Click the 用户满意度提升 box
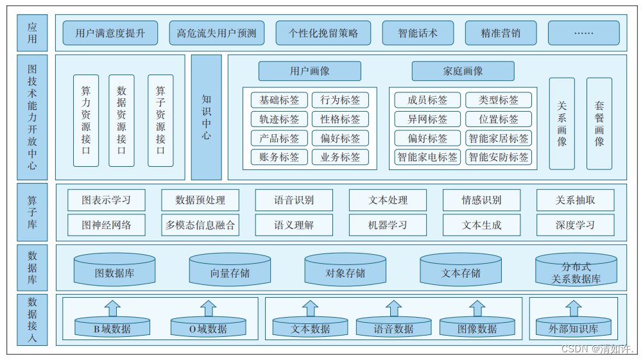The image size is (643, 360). pyautogui.click(x=110, y=33)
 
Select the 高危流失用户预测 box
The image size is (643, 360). pyautogui.click(x=216, y=33)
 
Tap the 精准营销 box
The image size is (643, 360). pyautogui.click(x=501, y=33)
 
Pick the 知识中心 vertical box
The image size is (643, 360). pyautogui.click(x=206, y=117)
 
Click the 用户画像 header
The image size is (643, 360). pyautogui.click(x=309, y=71)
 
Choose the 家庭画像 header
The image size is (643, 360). pyautogui.click(x=463, y=71)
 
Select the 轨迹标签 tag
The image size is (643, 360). pyautogui.click(x=279, y=119)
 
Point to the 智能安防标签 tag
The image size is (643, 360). pyautogui.click(x=499, y=157)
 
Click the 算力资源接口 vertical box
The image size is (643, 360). pyautogui.click(x=86, y=121)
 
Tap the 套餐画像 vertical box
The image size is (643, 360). pyautogui.click(x=599, y=124)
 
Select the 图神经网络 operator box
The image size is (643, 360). pyautogui.click(x=107, y=225)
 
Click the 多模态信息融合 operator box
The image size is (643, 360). pyautogui.click(x=200, y=225)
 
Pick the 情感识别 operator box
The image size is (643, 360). pyautogui.click(x=481, y=200)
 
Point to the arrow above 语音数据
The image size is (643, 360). pyautogui.click(x=393, y=308)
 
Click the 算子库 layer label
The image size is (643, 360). pyautogui.click(x=32, y=214)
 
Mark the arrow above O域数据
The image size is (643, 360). pyautogui.click(x=208, y=308)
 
